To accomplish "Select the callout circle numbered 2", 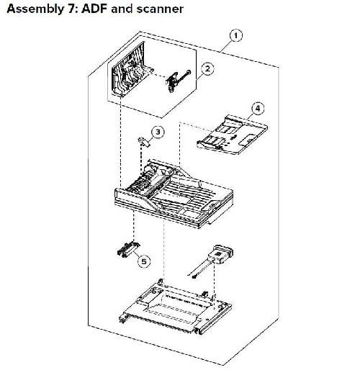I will pos(206,69).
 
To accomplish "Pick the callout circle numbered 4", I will pos(257,109).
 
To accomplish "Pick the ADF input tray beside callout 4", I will pos(230,135).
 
